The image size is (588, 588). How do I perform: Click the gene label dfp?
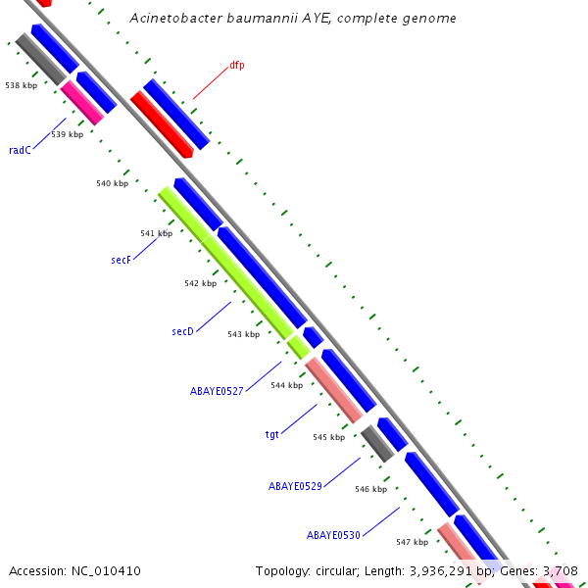(237, 66)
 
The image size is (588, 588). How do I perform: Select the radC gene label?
(20, 150)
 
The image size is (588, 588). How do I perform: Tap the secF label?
(121, 261)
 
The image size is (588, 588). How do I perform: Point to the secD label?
(182, 331)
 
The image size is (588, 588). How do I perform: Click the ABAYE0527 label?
(217, 390)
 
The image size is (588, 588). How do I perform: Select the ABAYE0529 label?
(295, 485)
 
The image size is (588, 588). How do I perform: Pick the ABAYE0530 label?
(333, 535)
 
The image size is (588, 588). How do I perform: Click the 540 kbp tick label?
(112, 183)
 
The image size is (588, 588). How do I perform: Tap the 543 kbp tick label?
(243, 334)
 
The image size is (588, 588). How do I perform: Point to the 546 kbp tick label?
(370, 489)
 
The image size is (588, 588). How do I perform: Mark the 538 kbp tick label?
(21, 85)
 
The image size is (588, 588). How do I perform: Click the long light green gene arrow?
(225, 263)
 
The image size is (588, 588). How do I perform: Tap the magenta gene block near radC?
(82, 103)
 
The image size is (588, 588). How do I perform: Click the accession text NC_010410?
(105, 570)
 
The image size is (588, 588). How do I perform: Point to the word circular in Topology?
(338, 570)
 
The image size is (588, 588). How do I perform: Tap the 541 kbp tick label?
(156, 233)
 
